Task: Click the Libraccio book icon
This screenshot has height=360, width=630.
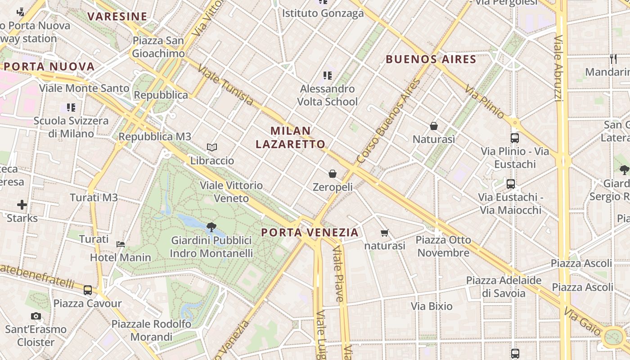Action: [212, 147]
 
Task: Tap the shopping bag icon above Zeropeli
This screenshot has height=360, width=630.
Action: [333, 174]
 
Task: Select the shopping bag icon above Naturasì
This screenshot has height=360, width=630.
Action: [434, 126]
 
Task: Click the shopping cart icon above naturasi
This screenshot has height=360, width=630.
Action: [384, 233]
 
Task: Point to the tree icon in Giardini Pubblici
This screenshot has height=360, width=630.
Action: [211, 227]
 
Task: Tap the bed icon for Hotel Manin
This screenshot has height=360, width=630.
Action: [121, 244]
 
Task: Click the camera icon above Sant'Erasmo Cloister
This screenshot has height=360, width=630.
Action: [36, 316]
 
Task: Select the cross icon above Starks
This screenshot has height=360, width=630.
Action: [22, 205]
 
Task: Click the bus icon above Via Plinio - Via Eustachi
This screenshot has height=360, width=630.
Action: [515, 138]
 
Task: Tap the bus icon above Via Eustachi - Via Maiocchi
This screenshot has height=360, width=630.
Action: [510, 184]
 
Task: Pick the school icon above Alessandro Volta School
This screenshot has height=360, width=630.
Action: [328, 76]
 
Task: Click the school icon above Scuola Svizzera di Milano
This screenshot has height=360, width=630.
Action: [71, 108]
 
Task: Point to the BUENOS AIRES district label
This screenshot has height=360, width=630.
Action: [431, 59]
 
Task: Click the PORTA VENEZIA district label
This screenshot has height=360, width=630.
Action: [310, 233]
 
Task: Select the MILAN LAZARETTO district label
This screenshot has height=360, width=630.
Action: [291, 137]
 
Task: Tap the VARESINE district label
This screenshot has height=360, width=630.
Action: [117, 17]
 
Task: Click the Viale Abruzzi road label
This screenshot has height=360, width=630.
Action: [559, 67]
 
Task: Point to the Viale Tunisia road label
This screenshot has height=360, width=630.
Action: [225, 85]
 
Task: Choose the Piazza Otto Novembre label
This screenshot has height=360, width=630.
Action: [443, 246]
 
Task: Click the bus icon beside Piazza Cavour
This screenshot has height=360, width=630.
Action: [88, 290]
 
